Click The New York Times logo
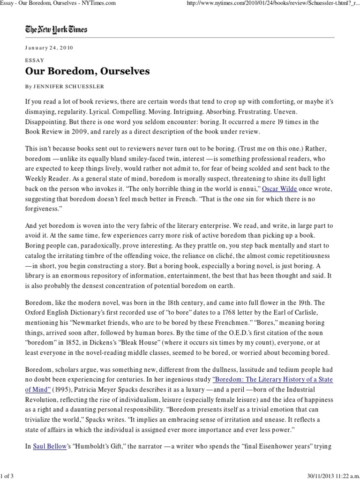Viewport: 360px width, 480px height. (56, 30)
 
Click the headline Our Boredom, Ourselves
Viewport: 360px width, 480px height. (87, 71)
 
